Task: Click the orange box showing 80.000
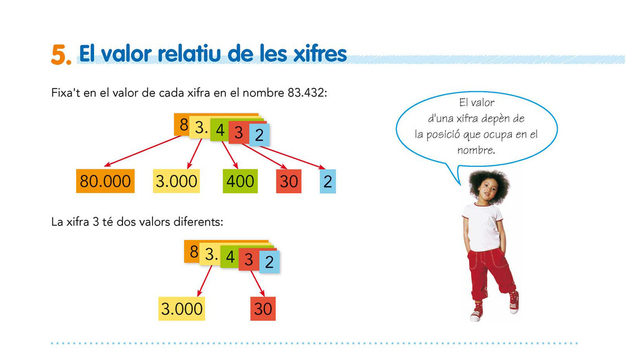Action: point(105,181)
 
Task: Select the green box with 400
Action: point(240,181)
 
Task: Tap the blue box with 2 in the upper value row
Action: point(328,181)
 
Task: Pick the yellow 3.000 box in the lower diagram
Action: point(181,308)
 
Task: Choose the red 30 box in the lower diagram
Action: point(263,308)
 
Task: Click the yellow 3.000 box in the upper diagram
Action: point(176,181)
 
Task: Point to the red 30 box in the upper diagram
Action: point(289,181)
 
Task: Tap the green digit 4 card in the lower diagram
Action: point(230,257)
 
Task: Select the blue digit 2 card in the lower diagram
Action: point(269,262)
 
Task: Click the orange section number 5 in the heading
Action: point(61,55)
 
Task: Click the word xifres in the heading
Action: point(320,53)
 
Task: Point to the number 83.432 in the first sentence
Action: point(307,92)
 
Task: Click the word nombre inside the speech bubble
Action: point(476,150)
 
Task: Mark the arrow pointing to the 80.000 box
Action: point(142,151)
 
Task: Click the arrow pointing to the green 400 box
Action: point(230,155)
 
